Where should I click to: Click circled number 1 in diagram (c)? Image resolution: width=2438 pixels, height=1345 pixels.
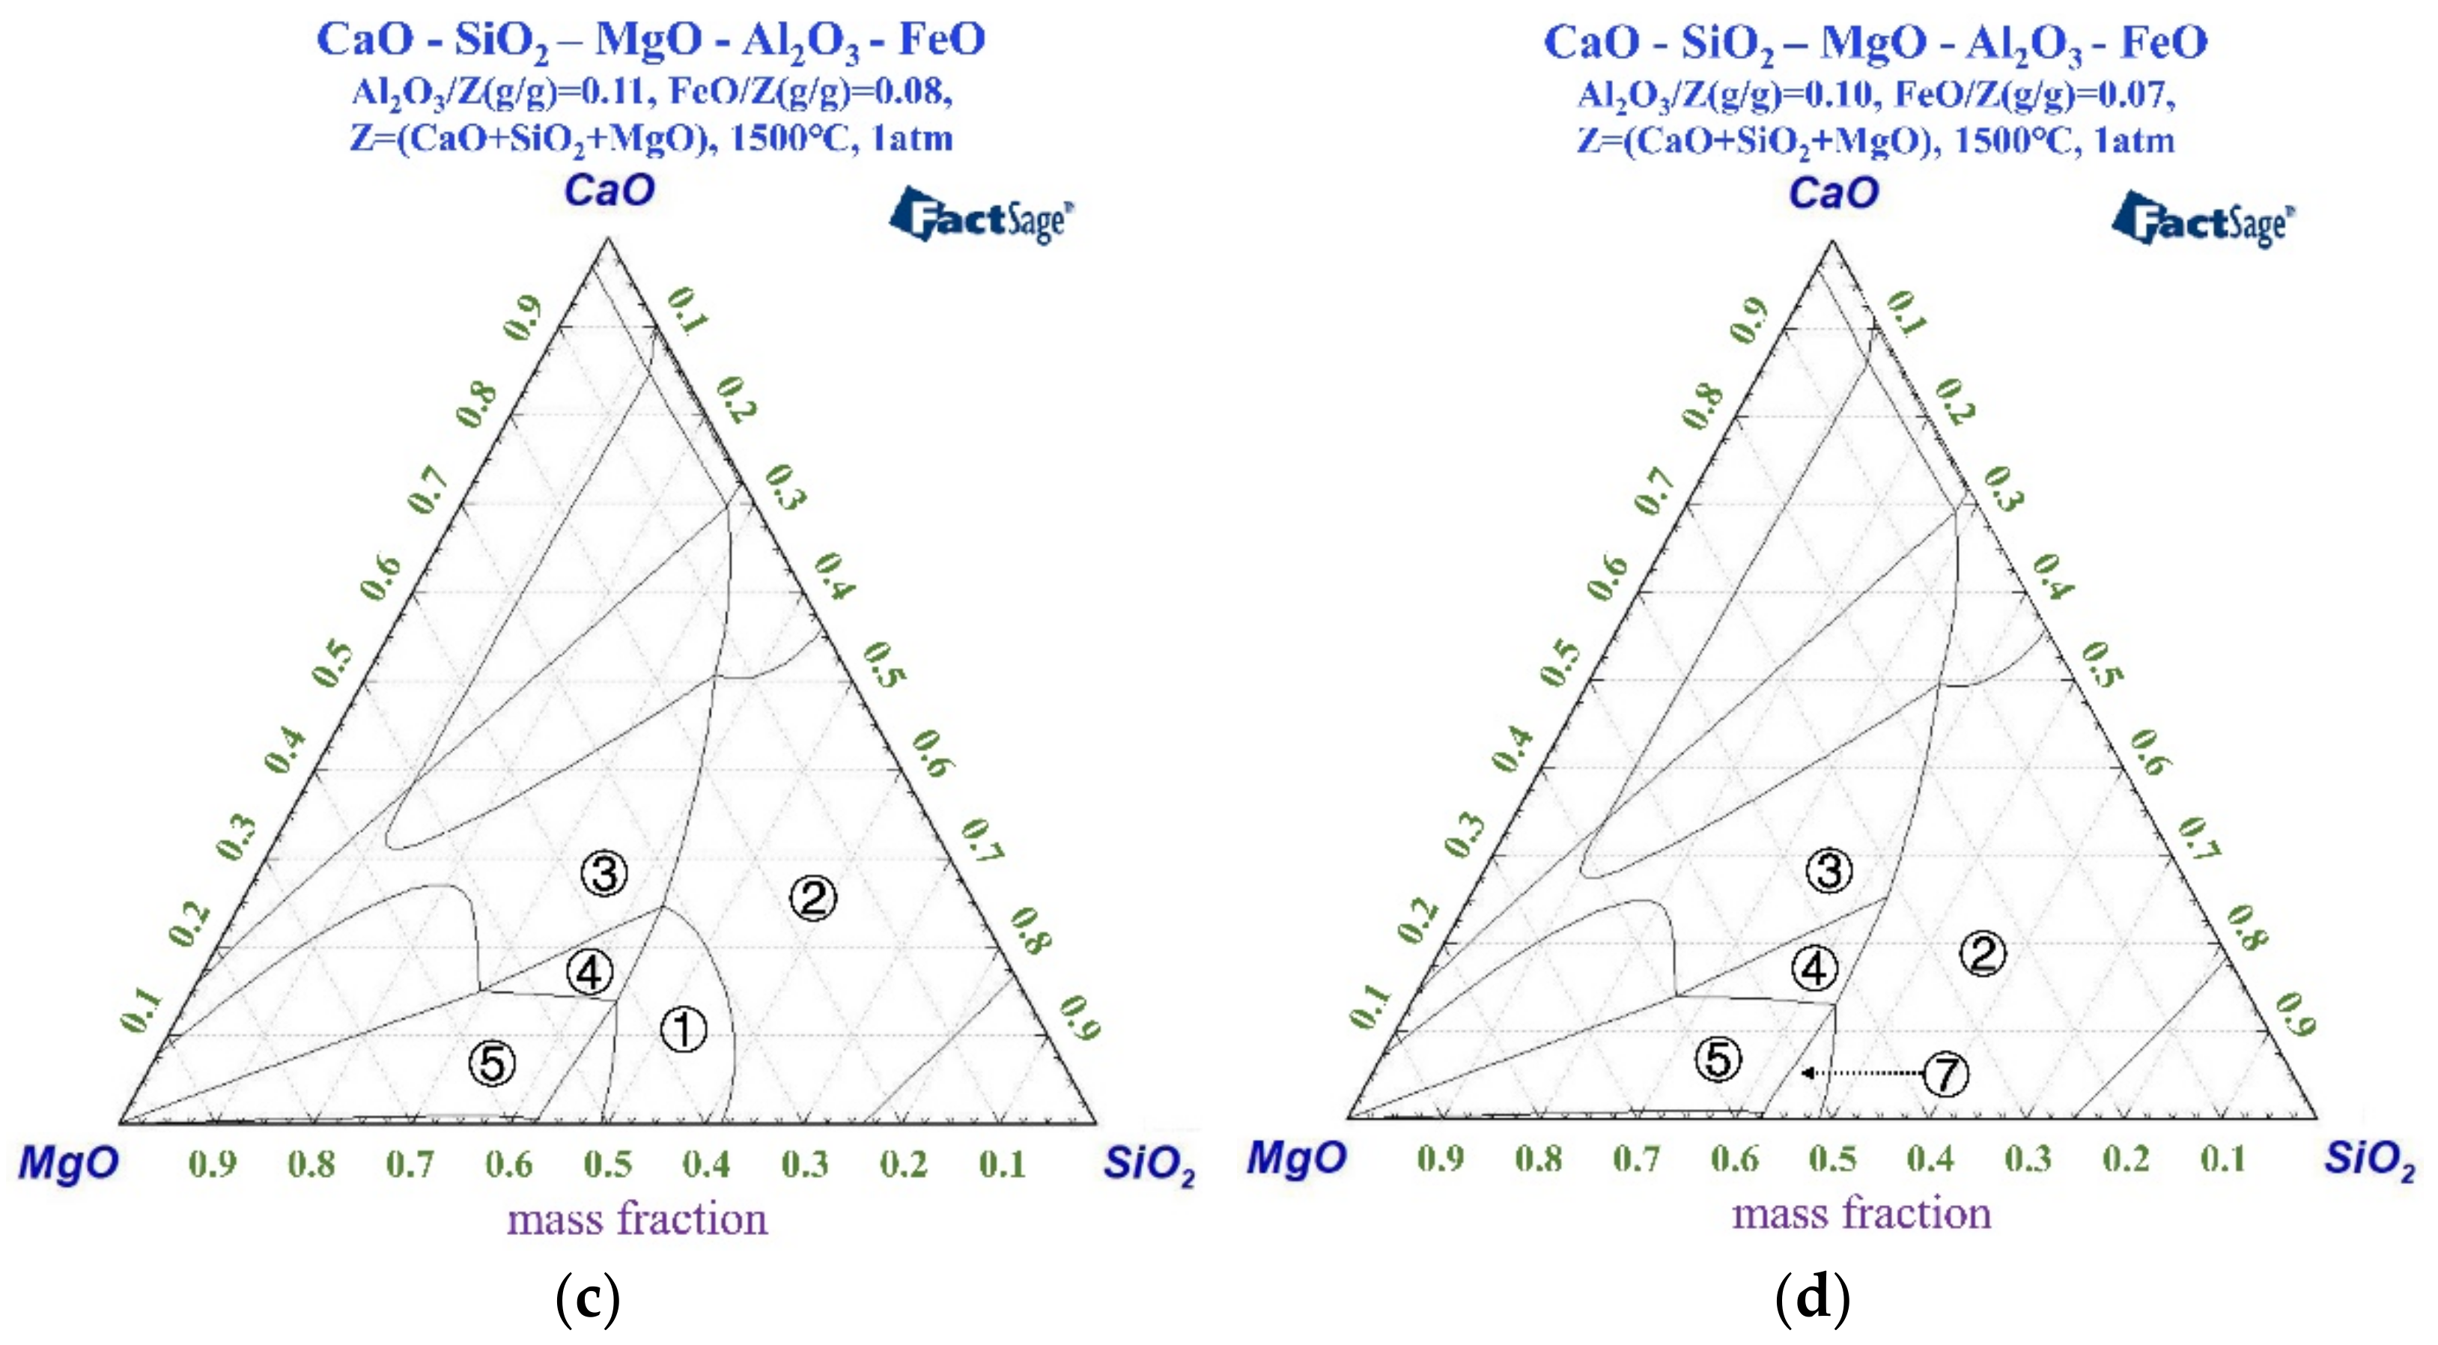(684, 1030)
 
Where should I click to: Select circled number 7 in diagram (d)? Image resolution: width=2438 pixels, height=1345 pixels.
(1946, 1075)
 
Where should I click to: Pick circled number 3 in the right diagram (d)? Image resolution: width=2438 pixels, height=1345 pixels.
(1828, 871)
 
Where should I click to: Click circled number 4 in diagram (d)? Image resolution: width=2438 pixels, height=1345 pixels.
(1815, 969)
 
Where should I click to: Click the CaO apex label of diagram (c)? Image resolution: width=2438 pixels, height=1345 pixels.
(609, 191)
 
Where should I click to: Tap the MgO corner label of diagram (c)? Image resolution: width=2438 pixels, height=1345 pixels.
(68, 1162)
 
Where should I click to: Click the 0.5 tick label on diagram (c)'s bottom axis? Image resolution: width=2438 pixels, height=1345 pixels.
(607, 1165)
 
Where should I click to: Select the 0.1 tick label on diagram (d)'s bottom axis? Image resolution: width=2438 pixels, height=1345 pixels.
(2222, 1159)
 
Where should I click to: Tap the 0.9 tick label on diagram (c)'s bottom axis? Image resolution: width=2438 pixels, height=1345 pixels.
(212, 1165)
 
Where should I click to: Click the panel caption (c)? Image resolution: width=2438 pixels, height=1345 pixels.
(588, 1299)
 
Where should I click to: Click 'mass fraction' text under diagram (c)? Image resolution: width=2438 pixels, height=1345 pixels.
(637, 1219)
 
